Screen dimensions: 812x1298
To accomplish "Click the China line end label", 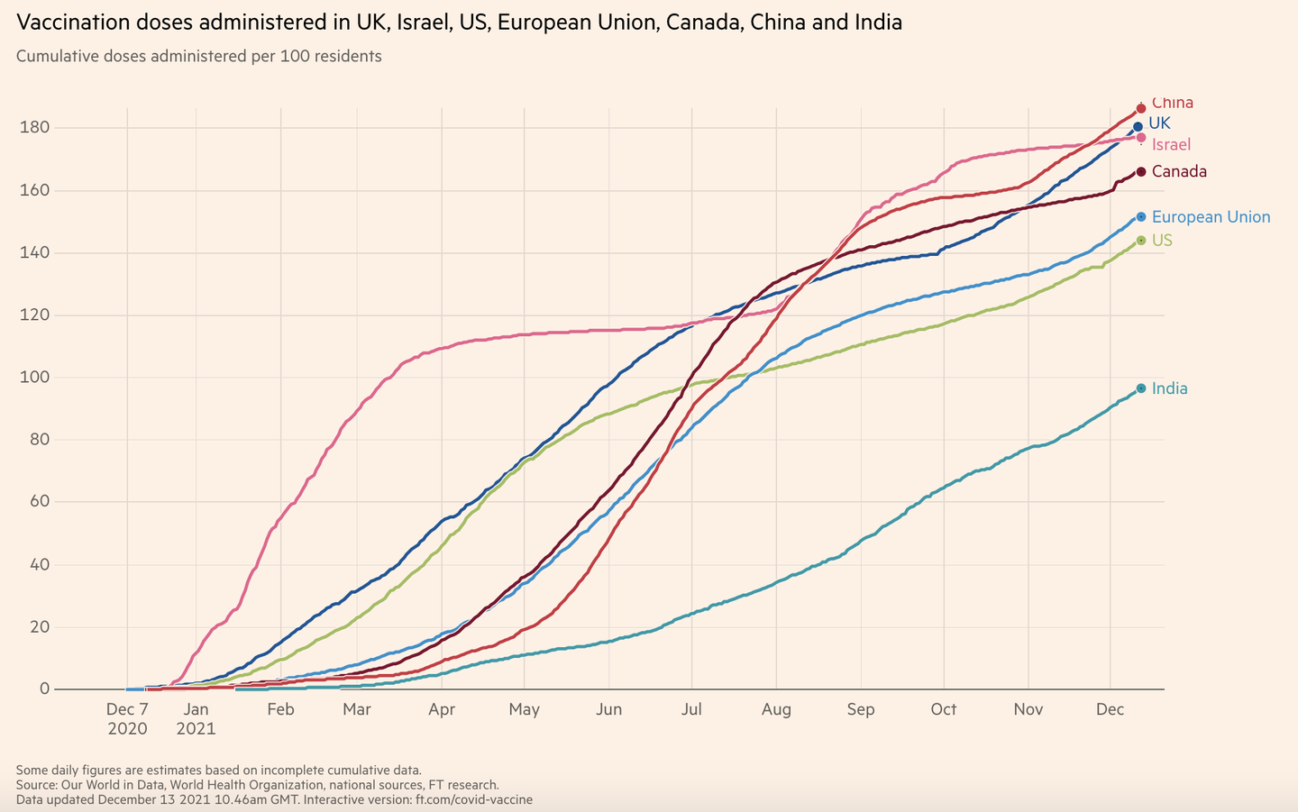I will [1172, 103].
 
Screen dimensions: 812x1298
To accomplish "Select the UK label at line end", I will [1159, 123].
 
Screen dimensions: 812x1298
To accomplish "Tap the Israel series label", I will [1171, 144].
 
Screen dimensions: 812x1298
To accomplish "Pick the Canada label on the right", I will [1179, 171].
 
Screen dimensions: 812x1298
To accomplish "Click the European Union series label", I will [1211, 217].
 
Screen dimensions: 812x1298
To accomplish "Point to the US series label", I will [1162, 241].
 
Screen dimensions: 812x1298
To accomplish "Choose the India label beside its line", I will [1169, 388].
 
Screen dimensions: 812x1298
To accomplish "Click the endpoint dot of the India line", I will [1141, 388].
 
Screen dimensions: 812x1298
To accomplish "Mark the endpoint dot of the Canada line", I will [1141, 171].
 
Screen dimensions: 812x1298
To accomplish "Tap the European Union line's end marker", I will [1141, 217].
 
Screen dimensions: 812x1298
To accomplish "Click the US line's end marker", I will [1141, 241].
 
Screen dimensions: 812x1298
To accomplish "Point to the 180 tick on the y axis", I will [34, 128].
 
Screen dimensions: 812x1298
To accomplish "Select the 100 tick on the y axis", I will [34, 378].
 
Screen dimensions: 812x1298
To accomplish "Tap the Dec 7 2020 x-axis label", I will [127, 718].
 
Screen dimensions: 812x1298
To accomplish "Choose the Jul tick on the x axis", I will [691, 709].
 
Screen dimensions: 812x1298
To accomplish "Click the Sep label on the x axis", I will [861, 709].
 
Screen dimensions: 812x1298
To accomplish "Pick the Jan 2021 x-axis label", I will [196, 718].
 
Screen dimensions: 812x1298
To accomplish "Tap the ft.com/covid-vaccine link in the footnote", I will [473, 799].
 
